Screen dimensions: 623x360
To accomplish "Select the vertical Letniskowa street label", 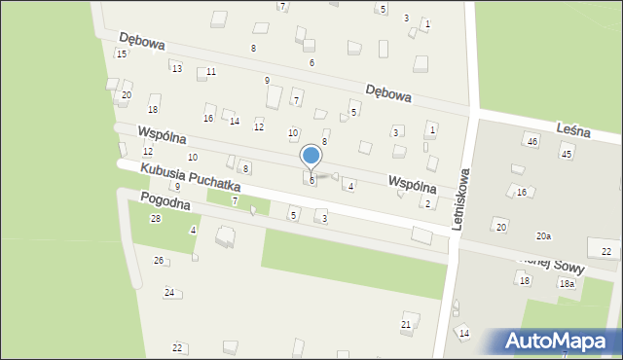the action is (460, 198).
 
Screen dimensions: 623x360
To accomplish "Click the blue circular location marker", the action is (311, 155).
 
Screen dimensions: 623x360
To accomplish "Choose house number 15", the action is (121, 54).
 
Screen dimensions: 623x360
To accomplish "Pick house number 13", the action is (176, 68).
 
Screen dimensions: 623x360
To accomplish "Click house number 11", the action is (210, 72).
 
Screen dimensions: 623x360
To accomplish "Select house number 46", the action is (531, 142).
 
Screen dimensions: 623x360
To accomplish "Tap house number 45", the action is (566, 154).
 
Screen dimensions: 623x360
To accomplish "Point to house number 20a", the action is (543, 236).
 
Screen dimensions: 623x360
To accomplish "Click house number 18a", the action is (566, 283).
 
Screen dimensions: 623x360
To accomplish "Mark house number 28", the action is (155, 219).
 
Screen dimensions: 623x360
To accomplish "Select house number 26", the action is (159, 261).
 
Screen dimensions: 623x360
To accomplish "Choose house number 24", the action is (168, 293).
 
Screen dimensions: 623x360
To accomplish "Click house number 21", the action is (406, 324).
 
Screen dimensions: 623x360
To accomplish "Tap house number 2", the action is (427, 203).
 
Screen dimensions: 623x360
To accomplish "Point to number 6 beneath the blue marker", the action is (311, 181).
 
